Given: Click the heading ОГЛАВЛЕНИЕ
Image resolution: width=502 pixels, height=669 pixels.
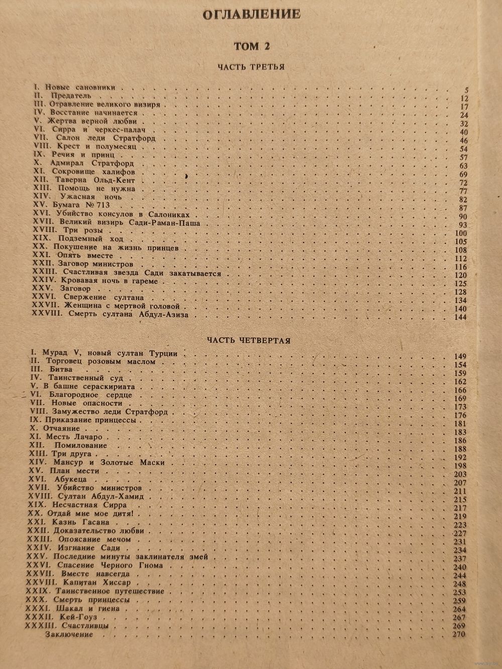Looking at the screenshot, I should [251, 15].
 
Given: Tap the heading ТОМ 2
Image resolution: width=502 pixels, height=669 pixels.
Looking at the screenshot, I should [252, 46].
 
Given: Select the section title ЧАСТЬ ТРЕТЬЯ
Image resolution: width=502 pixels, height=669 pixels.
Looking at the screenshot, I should [251, 67].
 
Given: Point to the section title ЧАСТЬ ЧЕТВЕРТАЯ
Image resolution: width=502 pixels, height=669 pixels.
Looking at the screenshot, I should [249, 340].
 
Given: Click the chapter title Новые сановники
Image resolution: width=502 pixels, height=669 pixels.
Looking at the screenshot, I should [80, 87].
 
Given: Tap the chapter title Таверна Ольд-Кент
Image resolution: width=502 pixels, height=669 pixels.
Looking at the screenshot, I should [96, 180].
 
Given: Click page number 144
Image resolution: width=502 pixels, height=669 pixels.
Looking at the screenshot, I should [459, 317].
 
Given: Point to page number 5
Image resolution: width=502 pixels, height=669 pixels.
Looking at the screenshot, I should [466, 90].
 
